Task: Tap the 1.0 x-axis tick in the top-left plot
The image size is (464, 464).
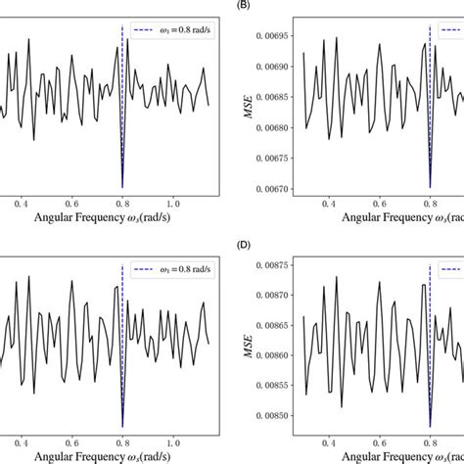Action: [173, 204]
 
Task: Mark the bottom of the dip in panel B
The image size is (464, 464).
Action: [430, 187]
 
